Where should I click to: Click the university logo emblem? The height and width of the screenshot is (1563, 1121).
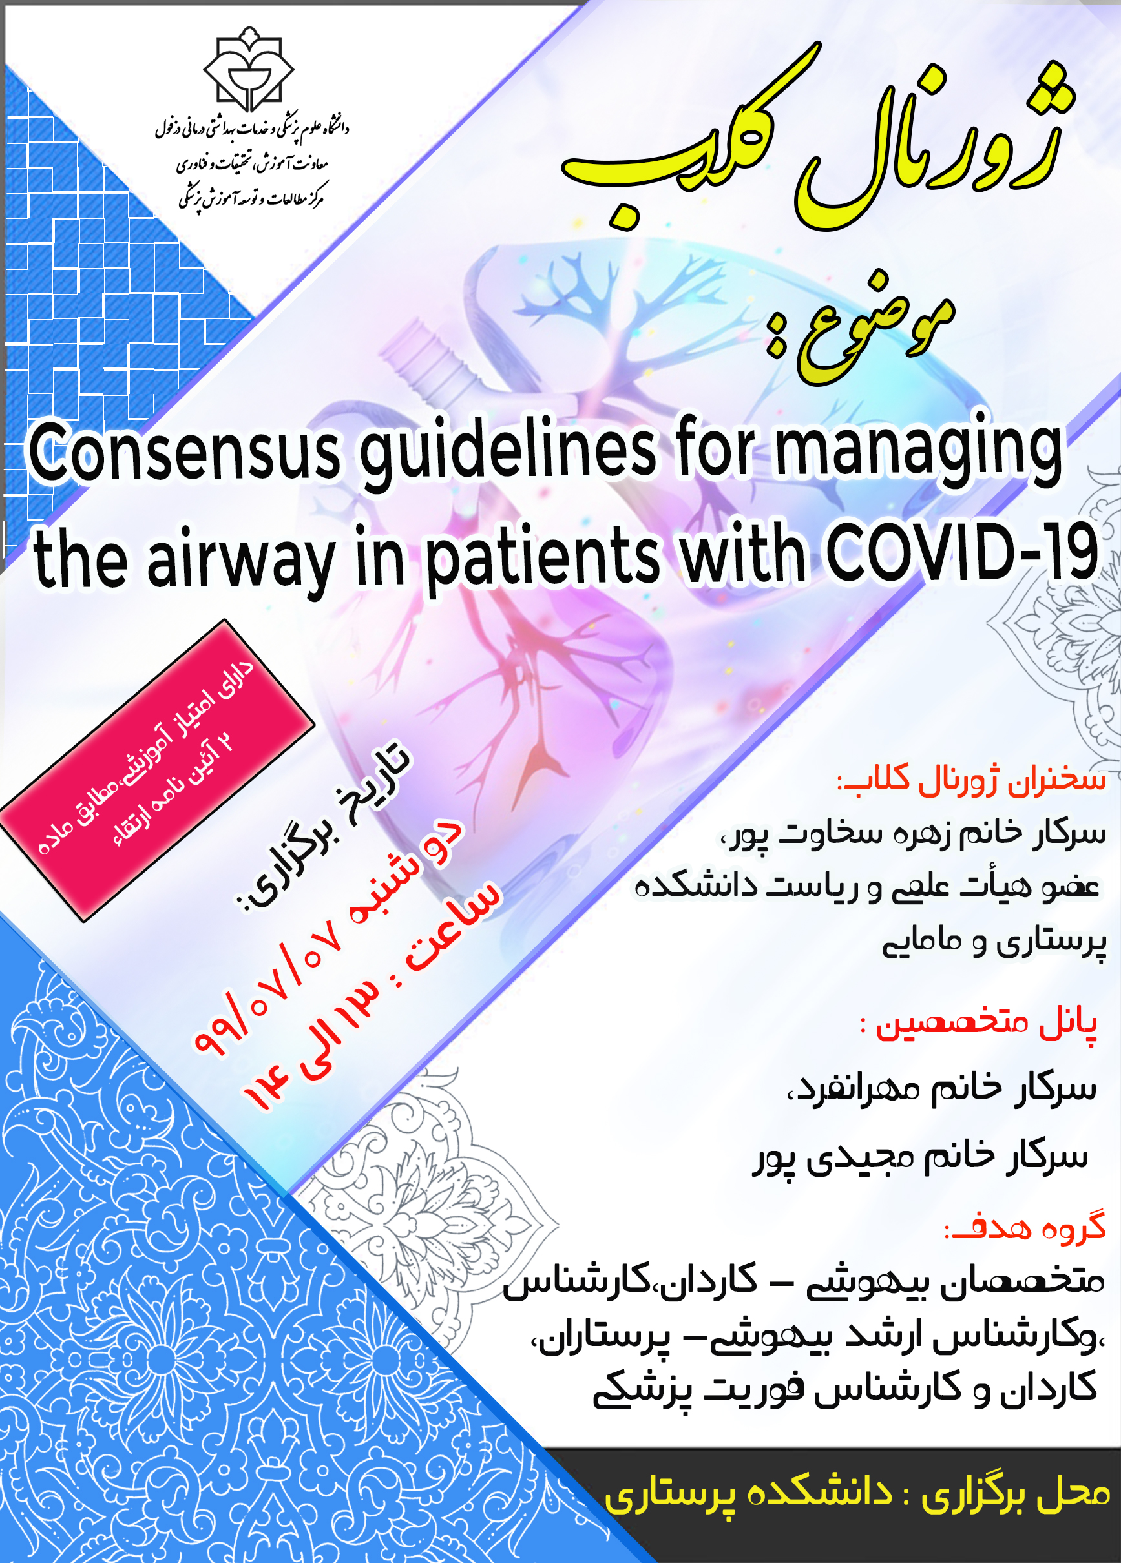click(x=249, y=68)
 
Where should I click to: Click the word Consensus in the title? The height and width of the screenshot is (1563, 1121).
click(x=185, y=453)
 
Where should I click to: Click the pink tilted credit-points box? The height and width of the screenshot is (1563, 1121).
click(x=157, y=770)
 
